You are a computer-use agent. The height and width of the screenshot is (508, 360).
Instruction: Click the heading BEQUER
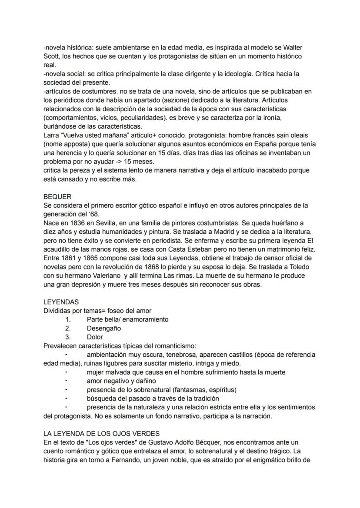(x=57, y=196)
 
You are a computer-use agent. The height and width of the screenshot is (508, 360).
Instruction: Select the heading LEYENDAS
(x=61, y=302)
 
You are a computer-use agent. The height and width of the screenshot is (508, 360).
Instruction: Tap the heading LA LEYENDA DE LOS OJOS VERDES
(x=102, y=433)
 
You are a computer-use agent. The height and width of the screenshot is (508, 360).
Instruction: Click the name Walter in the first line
(x=292, y=47)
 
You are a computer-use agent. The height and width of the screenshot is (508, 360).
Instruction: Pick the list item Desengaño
(x=104, y=328)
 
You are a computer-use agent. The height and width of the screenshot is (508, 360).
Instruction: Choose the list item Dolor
(x=95, y=337)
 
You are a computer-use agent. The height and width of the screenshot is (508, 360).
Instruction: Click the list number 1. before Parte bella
(x=68, y=319)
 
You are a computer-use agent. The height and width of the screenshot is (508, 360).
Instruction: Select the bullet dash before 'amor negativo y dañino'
(x=67, y=381)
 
